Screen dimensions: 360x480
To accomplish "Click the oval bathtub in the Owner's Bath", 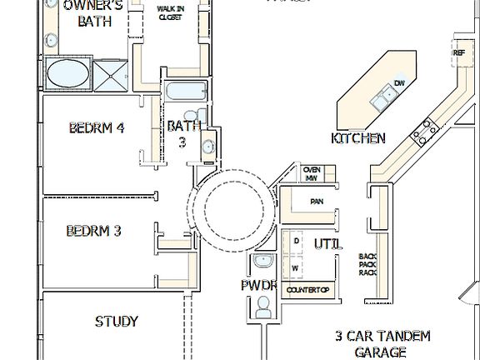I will click(x=71, y=73).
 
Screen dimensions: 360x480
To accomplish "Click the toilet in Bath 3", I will click(x=192, y=115).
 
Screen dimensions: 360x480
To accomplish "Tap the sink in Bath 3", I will click(x=207, y=146).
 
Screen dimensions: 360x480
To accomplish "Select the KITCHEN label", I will click(x=358, y=138).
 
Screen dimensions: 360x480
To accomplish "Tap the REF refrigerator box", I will click(x=458, y=52).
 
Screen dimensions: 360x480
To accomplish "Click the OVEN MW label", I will click(x=311, y=173).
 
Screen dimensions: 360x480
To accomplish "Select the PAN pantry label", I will click(x=317, y=201).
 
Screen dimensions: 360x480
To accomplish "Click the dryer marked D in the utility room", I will click(x=296, y=242).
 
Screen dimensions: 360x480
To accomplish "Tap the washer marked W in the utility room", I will click(x=295, y=268).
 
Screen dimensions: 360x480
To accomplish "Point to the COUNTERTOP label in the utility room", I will click(x=308, y=290).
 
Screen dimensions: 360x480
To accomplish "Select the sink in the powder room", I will click(x=263, y=261).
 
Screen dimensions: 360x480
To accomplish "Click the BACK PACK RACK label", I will click(x=367, y=264).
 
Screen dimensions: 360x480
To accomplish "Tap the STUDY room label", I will click(x=116, y=321).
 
